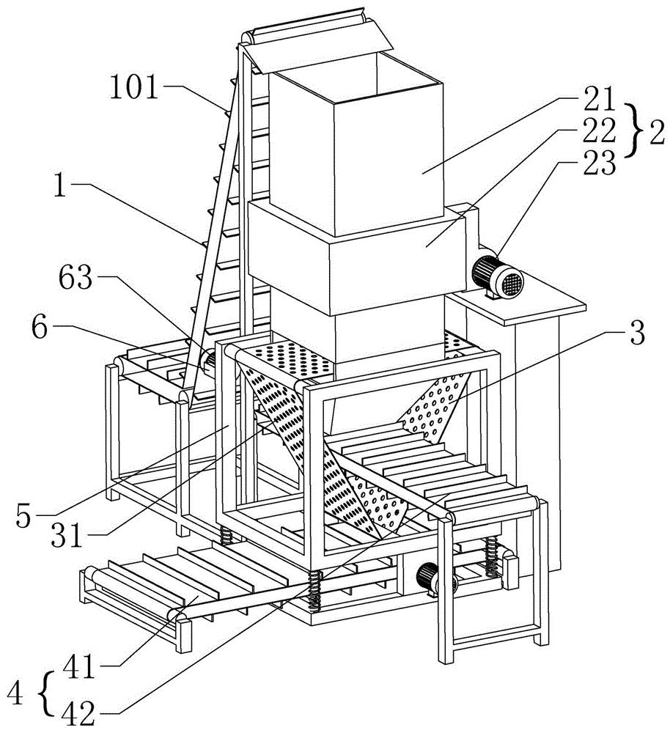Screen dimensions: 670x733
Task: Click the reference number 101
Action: (x=134, y=87)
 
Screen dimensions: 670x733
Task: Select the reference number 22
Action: (x=597, y=131)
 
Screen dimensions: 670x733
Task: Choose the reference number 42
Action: (x=78, y=714)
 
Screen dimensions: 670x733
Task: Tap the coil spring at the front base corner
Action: (x=314, y=590)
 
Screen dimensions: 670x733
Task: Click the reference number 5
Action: (x=23, y=516)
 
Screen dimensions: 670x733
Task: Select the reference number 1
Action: (x=59, y=185)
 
